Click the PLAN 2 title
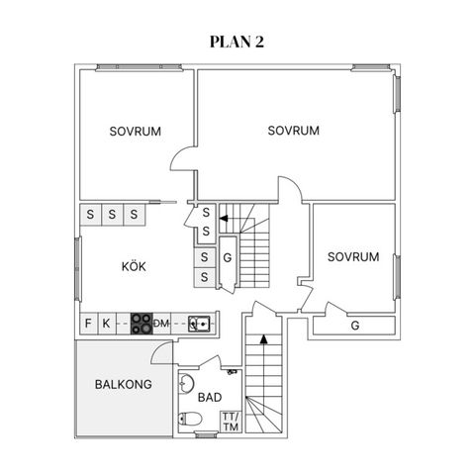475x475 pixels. tap(237, 42)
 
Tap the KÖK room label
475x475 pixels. tap(134, 266)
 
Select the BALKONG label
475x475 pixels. tap(124, 384)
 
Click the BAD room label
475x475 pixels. tap(210, 397)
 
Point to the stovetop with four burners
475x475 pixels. tap(142, 324)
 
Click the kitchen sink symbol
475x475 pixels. tap(199, 324)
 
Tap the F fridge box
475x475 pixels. tap(89, 324)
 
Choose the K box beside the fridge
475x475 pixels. tap(107, 324)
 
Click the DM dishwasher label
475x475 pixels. tap(161, 324)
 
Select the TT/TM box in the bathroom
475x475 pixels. tap(231, 422)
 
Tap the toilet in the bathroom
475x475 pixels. tap(190, 419)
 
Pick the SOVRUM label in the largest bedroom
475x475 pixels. tap(293, 131)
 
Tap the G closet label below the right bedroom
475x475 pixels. tap(355, 326)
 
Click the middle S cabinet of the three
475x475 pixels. tap(112, 215)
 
